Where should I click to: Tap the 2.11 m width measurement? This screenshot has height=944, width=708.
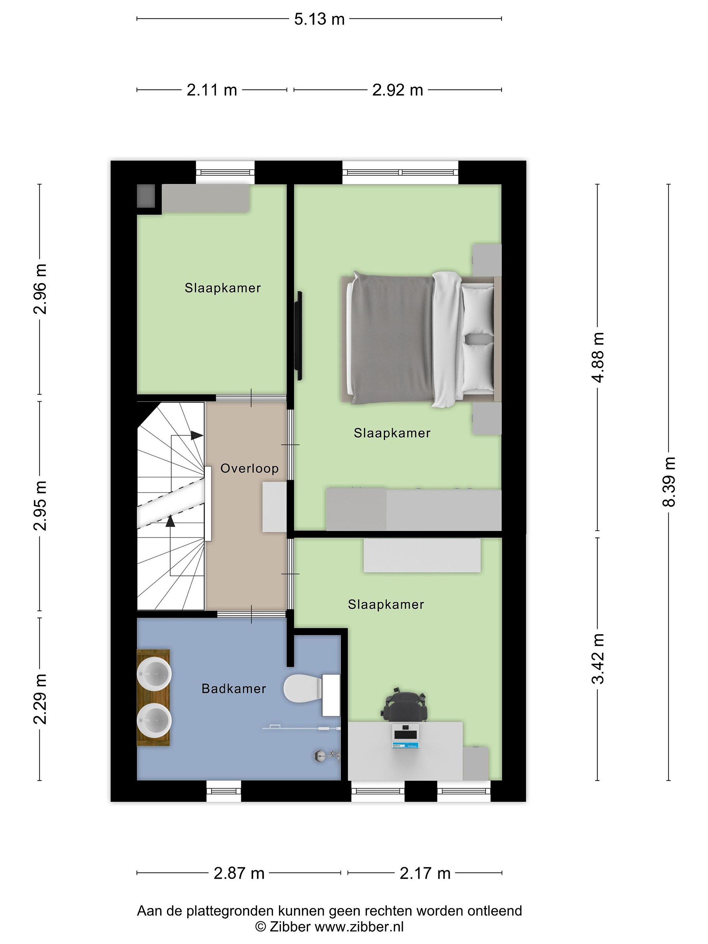[212, 90]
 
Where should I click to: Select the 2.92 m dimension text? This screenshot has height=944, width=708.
[397, 90]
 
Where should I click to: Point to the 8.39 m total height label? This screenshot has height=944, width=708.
[669, 482]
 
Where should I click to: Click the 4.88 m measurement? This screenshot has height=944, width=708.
[598, 358]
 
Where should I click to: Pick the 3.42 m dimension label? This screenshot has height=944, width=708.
[598, 659]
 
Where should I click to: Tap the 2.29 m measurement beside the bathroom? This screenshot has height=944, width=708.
[40, 699]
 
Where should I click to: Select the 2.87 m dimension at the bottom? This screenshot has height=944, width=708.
[239, 874]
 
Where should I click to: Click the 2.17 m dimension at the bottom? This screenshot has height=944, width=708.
[425, 874]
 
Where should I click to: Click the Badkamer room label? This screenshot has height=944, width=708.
[234, 689]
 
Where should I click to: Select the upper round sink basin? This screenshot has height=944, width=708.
[154, 674]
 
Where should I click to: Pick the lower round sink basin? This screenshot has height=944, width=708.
[154, 721]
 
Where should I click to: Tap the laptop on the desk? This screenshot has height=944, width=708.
[405, 736]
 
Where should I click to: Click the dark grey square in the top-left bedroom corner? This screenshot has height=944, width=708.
[146, 196]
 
